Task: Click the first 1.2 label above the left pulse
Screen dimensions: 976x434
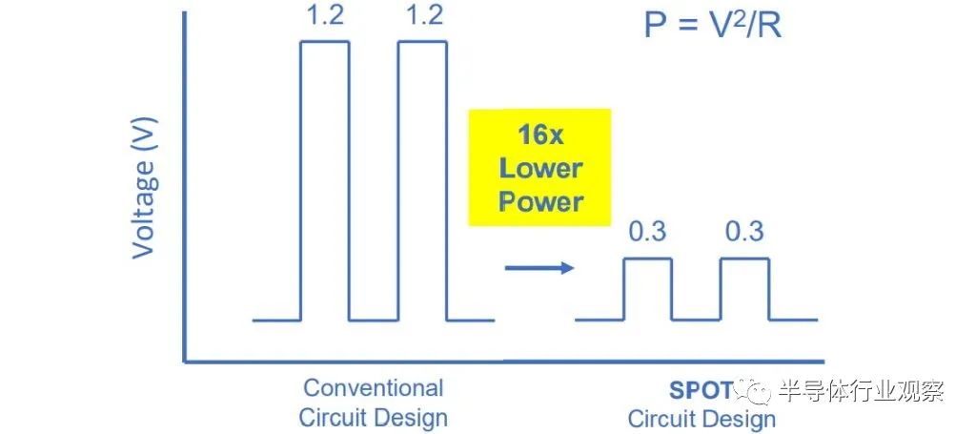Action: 325,15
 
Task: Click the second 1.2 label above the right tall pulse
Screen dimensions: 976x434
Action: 424,15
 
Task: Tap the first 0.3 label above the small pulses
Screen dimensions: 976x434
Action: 647,232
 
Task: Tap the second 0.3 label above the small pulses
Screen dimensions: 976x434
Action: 744,232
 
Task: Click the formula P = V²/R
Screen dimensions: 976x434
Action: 712,27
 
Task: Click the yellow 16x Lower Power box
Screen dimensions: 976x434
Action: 539,167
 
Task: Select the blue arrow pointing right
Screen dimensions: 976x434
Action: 539,268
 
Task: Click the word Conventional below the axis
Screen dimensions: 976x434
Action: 373,388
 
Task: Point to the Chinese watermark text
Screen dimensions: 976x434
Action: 862,391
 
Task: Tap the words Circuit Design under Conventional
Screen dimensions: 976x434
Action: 373,418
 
